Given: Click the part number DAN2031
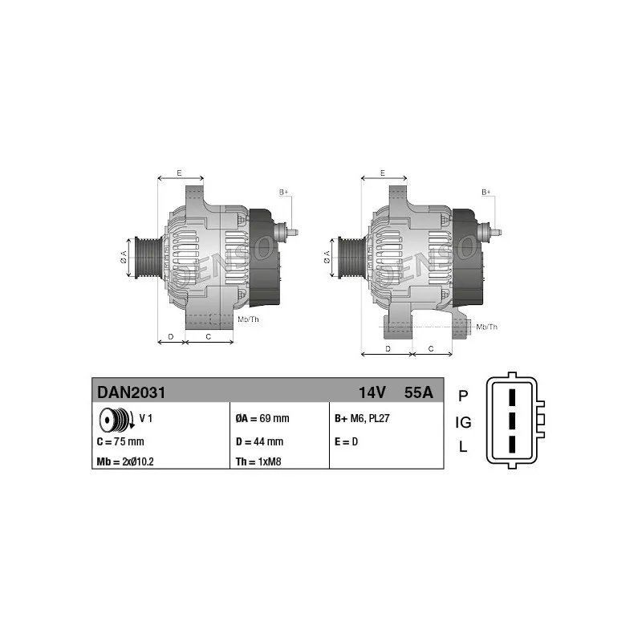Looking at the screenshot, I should [x=132, y=392].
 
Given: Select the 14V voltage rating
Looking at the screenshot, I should [x=372, y=392].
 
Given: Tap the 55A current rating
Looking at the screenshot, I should [x=418, y=392].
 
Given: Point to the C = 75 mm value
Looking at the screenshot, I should [x=120, y=441].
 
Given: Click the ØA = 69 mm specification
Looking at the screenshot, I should [x=262, y=419].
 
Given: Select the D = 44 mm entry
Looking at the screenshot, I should [x=259, y=441].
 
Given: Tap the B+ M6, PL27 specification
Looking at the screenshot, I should [x=362, y=419].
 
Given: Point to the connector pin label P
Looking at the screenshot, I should [x=462, y=396].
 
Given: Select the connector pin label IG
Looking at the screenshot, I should [x=463, y=422].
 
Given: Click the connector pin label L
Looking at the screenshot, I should [x=462, y=448].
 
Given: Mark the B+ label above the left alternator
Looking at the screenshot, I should [x=283, y=193].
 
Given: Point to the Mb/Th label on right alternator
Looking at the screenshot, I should [x=486, y=327].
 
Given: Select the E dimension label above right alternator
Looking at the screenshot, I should [x=382, y=173].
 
